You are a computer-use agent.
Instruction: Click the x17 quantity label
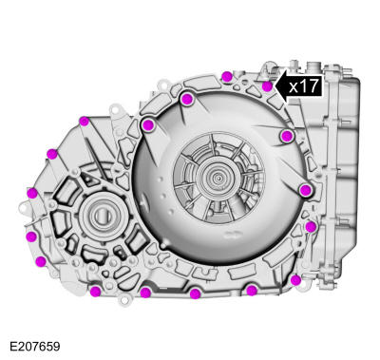coord(303,85)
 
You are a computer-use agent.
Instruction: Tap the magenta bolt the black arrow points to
coord(268,86)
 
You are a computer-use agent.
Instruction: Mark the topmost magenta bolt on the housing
coord(226,76)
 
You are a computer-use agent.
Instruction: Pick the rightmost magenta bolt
coord(311,227)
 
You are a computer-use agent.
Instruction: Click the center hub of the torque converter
coord(221,178)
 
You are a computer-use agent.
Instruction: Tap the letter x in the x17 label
coord(294,86)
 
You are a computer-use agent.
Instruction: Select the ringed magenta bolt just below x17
coord(287,137)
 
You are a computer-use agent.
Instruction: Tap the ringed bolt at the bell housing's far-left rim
coord(147,124)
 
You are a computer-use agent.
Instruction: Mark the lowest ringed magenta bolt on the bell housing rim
coord(305,191)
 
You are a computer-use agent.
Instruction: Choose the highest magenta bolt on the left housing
coord(84,121)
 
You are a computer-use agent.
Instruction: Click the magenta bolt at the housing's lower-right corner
coord(295,280)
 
